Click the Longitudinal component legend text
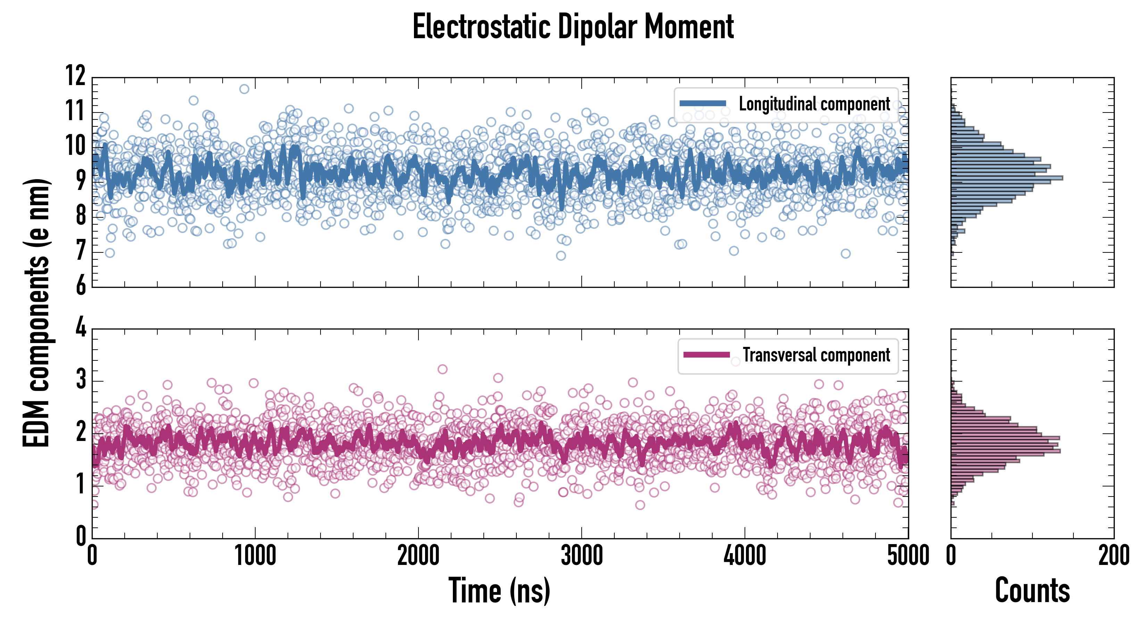(814, 104)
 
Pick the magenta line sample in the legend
(706, 355)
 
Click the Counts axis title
(1032, 590)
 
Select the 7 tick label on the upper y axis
(81, 251)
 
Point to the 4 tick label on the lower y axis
(81, 328)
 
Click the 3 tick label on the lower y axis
(81, 380)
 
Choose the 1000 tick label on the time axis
(255, 556)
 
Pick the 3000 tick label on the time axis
(581, 556)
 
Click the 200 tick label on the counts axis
(1113, 556)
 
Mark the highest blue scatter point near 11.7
(244, 89)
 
